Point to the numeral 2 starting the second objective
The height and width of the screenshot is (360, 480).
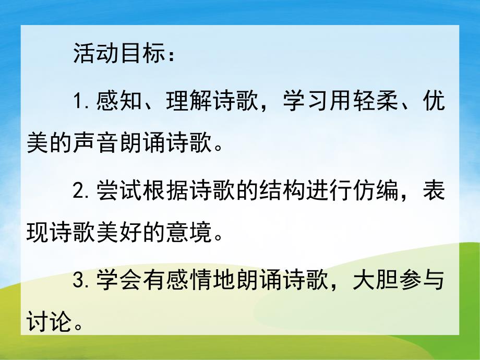[79, 193]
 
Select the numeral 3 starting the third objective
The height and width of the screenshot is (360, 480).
[79, 282]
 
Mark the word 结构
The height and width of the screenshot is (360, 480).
[283, 193]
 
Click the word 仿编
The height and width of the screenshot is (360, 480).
[377, 193]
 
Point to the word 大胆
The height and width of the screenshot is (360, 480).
[377, 282]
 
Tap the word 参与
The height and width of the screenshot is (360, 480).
[424, 282]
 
